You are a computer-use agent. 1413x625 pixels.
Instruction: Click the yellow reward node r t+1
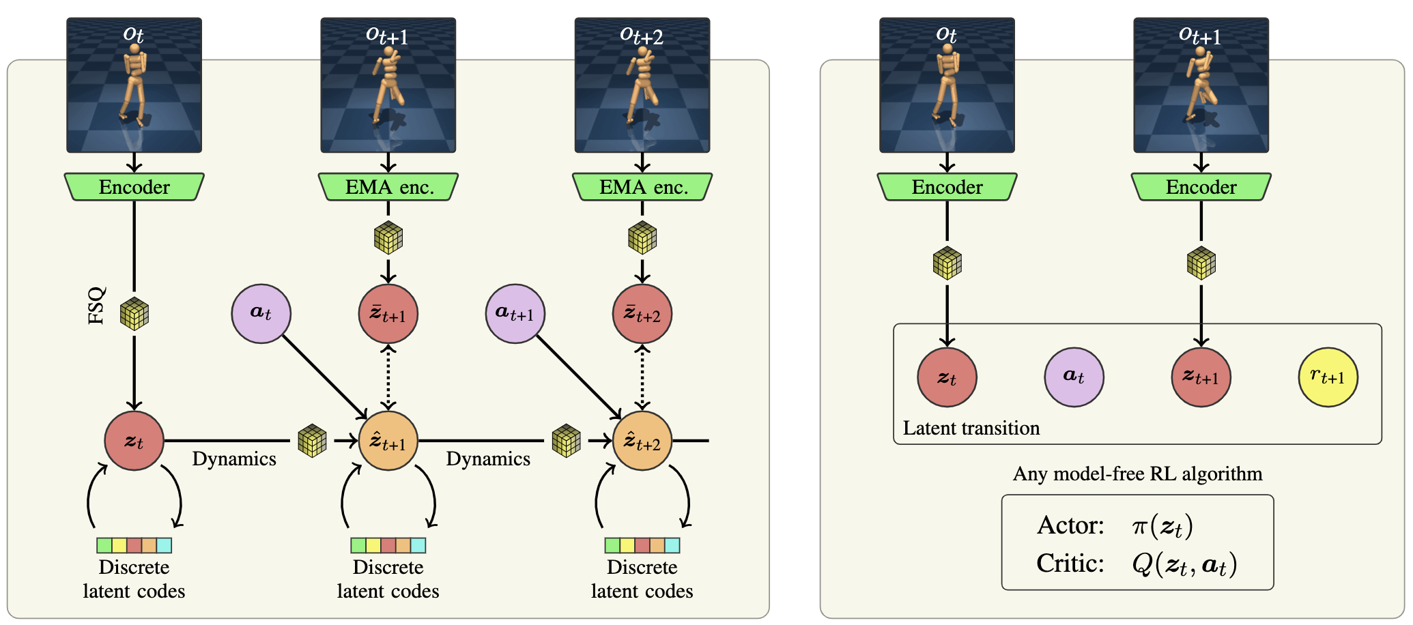click(x=1328, y=377)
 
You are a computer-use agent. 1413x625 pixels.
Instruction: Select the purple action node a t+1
click(x=515, y=314)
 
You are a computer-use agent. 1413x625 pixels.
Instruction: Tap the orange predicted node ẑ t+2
click(x=642, y=441)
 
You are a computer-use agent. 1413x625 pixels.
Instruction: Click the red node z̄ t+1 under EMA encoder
click(x=388, y=314)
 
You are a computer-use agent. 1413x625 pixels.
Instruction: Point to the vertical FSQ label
click(x=97, y=305)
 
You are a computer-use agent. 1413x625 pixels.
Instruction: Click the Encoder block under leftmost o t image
click(x=134, y=187)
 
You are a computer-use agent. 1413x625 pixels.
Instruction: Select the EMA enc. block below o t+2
click(x=642, y=187)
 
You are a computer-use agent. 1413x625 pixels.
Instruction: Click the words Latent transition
click(x=971, y=428)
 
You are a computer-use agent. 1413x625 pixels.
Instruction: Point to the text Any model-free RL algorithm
click(x=1137, y=474)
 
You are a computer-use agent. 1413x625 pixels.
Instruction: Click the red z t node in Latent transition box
click(x=947, y=377)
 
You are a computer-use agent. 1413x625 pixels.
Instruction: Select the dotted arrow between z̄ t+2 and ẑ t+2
click(x=642, y=377)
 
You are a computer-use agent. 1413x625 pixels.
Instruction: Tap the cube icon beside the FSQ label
click(x=134, y=314)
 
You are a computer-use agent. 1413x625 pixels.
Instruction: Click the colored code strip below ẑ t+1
click(x=388, y=545)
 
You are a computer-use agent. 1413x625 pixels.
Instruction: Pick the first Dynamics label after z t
click(x=234, y=459)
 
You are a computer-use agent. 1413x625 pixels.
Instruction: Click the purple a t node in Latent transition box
click(x=1074, y=377)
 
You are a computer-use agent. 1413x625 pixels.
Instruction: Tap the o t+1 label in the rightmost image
click(x=1200, y=35)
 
